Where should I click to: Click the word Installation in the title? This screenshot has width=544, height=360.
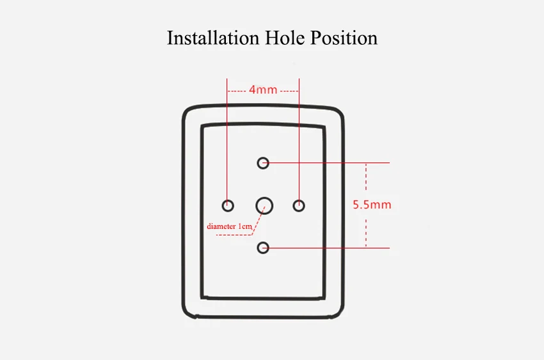pos(213,38)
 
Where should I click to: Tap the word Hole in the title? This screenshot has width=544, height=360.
pos(285,38)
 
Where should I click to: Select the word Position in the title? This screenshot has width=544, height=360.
pos(344,38)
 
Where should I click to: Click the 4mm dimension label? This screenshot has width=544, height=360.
pos(263,90)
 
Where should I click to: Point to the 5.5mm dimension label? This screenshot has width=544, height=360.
pos(372,205)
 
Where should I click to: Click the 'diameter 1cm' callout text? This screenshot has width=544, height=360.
pos(229,226)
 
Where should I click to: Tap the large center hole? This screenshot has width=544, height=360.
pos(264,198)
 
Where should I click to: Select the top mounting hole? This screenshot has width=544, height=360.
pos(263,157)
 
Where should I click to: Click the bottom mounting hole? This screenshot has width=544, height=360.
pos(263,242)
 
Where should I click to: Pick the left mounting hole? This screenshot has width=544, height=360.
pos(228,200)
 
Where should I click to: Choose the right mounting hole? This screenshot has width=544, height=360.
pos(299,200)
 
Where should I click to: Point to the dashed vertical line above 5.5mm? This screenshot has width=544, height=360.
pos(366,176)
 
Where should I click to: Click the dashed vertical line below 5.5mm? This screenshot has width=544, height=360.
pos(366,233)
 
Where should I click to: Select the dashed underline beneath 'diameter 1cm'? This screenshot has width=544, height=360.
pos(234,235)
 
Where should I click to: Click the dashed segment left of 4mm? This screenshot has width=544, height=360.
pos(237,91)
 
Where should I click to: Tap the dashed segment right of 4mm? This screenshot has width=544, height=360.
pos(289,91)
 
